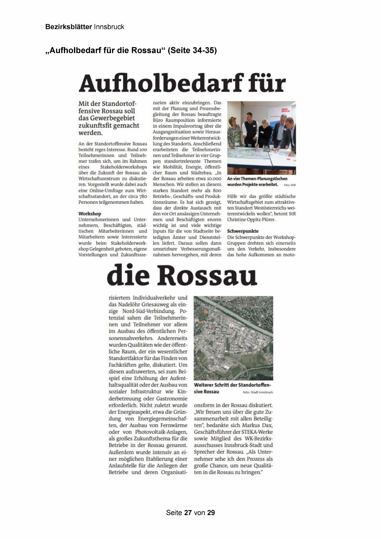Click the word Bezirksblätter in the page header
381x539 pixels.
pos(68,27)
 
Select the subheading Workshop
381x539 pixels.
pos(90,214)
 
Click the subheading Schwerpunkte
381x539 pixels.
pos(243,231)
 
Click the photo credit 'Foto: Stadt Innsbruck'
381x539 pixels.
pos(258,392)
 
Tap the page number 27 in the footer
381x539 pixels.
pos(188,513)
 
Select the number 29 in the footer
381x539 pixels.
pos(211,513)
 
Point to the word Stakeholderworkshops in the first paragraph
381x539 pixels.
pos(123,167)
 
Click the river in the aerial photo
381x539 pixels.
pos(239,310)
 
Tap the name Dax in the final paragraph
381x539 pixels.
pos(268,425)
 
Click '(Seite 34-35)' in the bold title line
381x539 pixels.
pos(192,50)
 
